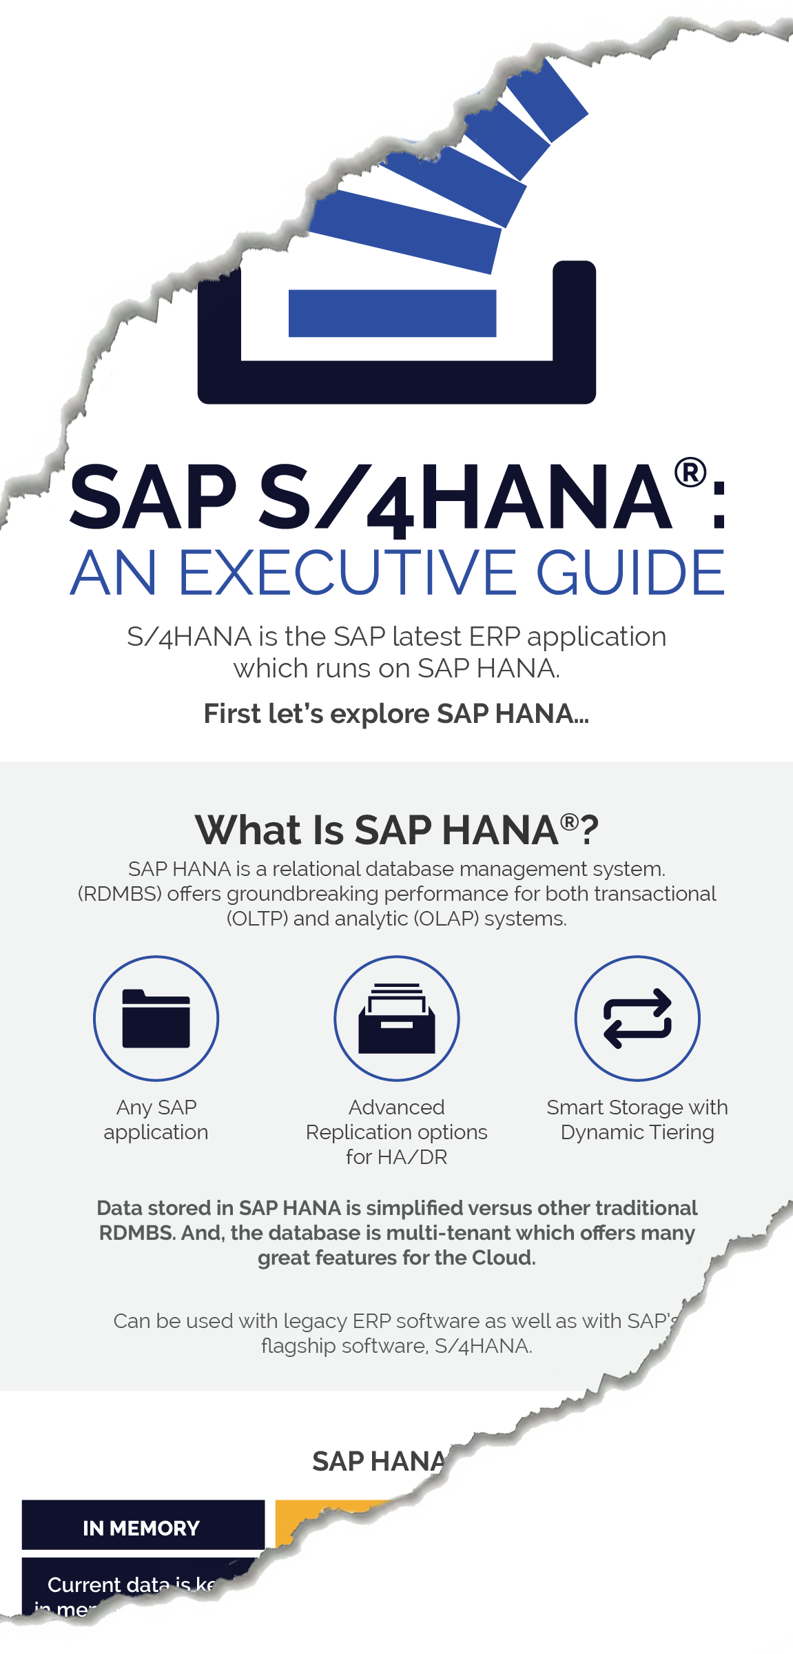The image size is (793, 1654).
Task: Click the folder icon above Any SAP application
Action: click(x=156, y=1019)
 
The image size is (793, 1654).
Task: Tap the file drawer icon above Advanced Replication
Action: click(x=396, y=1019)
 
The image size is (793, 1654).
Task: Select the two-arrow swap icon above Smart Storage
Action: click(x=637, y=1019)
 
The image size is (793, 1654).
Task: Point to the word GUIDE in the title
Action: click(x=630, y=573)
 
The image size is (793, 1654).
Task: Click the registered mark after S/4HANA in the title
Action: click(x=690, y=473)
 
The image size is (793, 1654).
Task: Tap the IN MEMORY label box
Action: click(x=143, y=1527)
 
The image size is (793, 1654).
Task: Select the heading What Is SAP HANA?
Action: click(x=396, y=829)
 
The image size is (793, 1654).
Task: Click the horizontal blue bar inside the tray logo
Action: click(x=392, y=314)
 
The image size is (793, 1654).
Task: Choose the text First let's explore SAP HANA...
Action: click(x=396, y=714)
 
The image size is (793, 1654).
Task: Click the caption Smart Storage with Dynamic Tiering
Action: click(x=637, y=1119)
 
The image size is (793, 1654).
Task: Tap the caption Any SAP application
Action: click(x=156, y=1119)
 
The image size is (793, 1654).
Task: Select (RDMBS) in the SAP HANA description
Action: click(x=120, y=894)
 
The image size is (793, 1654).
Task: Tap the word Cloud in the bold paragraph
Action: click(x=503, y=1258)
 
